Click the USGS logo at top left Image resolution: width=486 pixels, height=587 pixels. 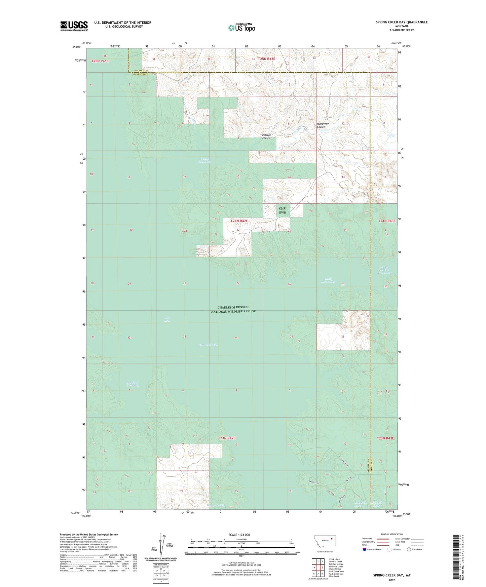74,26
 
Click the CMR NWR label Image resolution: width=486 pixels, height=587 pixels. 282,211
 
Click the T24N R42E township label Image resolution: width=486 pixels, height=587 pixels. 239,221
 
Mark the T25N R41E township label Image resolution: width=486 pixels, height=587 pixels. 100,61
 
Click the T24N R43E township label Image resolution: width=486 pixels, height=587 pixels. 386,221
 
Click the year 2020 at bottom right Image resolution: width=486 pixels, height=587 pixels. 392,580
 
